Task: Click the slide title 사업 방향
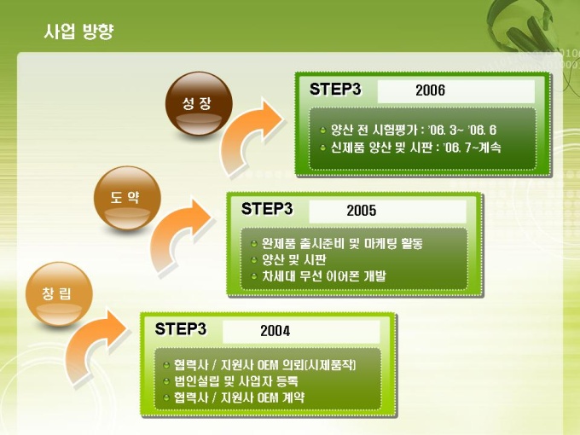(78, 31)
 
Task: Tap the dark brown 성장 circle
(199, 104)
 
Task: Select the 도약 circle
(127, 198)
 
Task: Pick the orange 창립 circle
(59, 294)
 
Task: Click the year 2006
(430, 90)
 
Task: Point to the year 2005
(362, 211)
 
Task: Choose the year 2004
(275, 331)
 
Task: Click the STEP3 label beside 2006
(335, 90)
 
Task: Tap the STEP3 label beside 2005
(267, 209)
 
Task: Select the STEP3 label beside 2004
(181, 329)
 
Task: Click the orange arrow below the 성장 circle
(252, 138)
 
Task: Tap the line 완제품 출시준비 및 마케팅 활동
(342, 243)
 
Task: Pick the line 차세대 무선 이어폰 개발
(323, 276)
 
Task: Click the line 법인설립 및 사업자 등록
(236, 381)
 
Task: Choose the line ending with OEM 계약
(239, 397)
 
